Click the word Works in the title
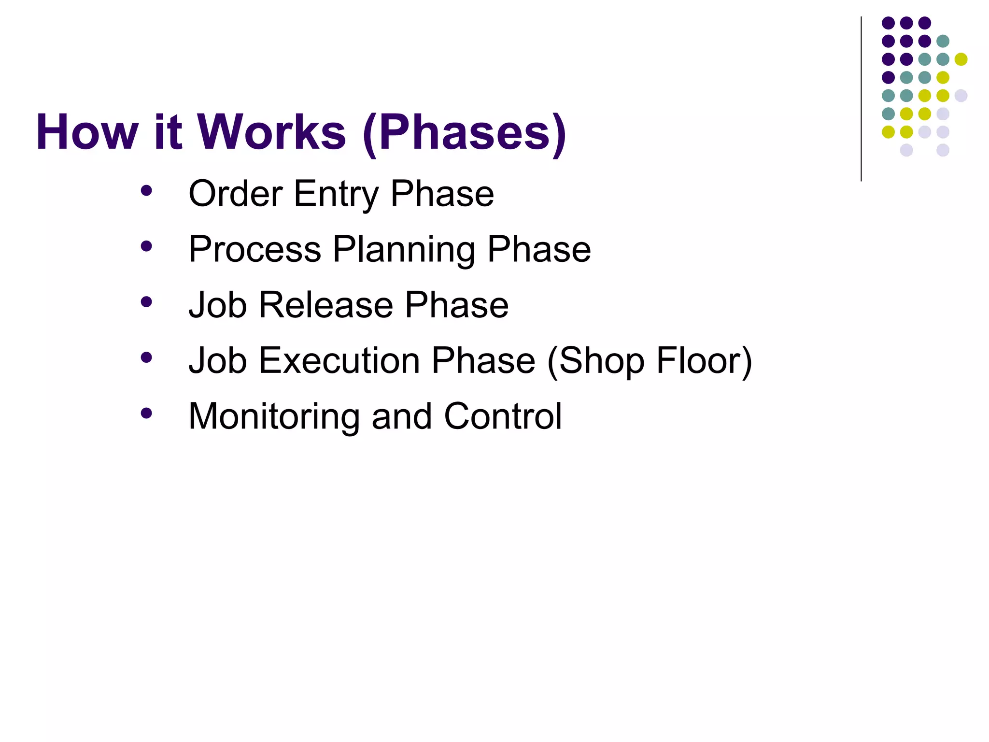tap(271, 132)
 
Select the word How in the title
tap(87, 132)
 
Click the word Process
tap(254, 249)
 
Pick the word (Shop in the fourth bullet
tap(595, 361)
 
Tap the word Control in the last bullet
tap(503, 416)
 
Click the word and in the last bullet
tap(401, 416)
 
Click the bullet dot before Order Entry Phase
tap(146, 191)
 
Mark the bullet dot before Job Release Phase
tap(146, 302)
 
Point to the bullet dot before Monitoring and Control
tap(146, 413)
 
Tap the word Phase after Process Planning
tap(539, 249)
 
